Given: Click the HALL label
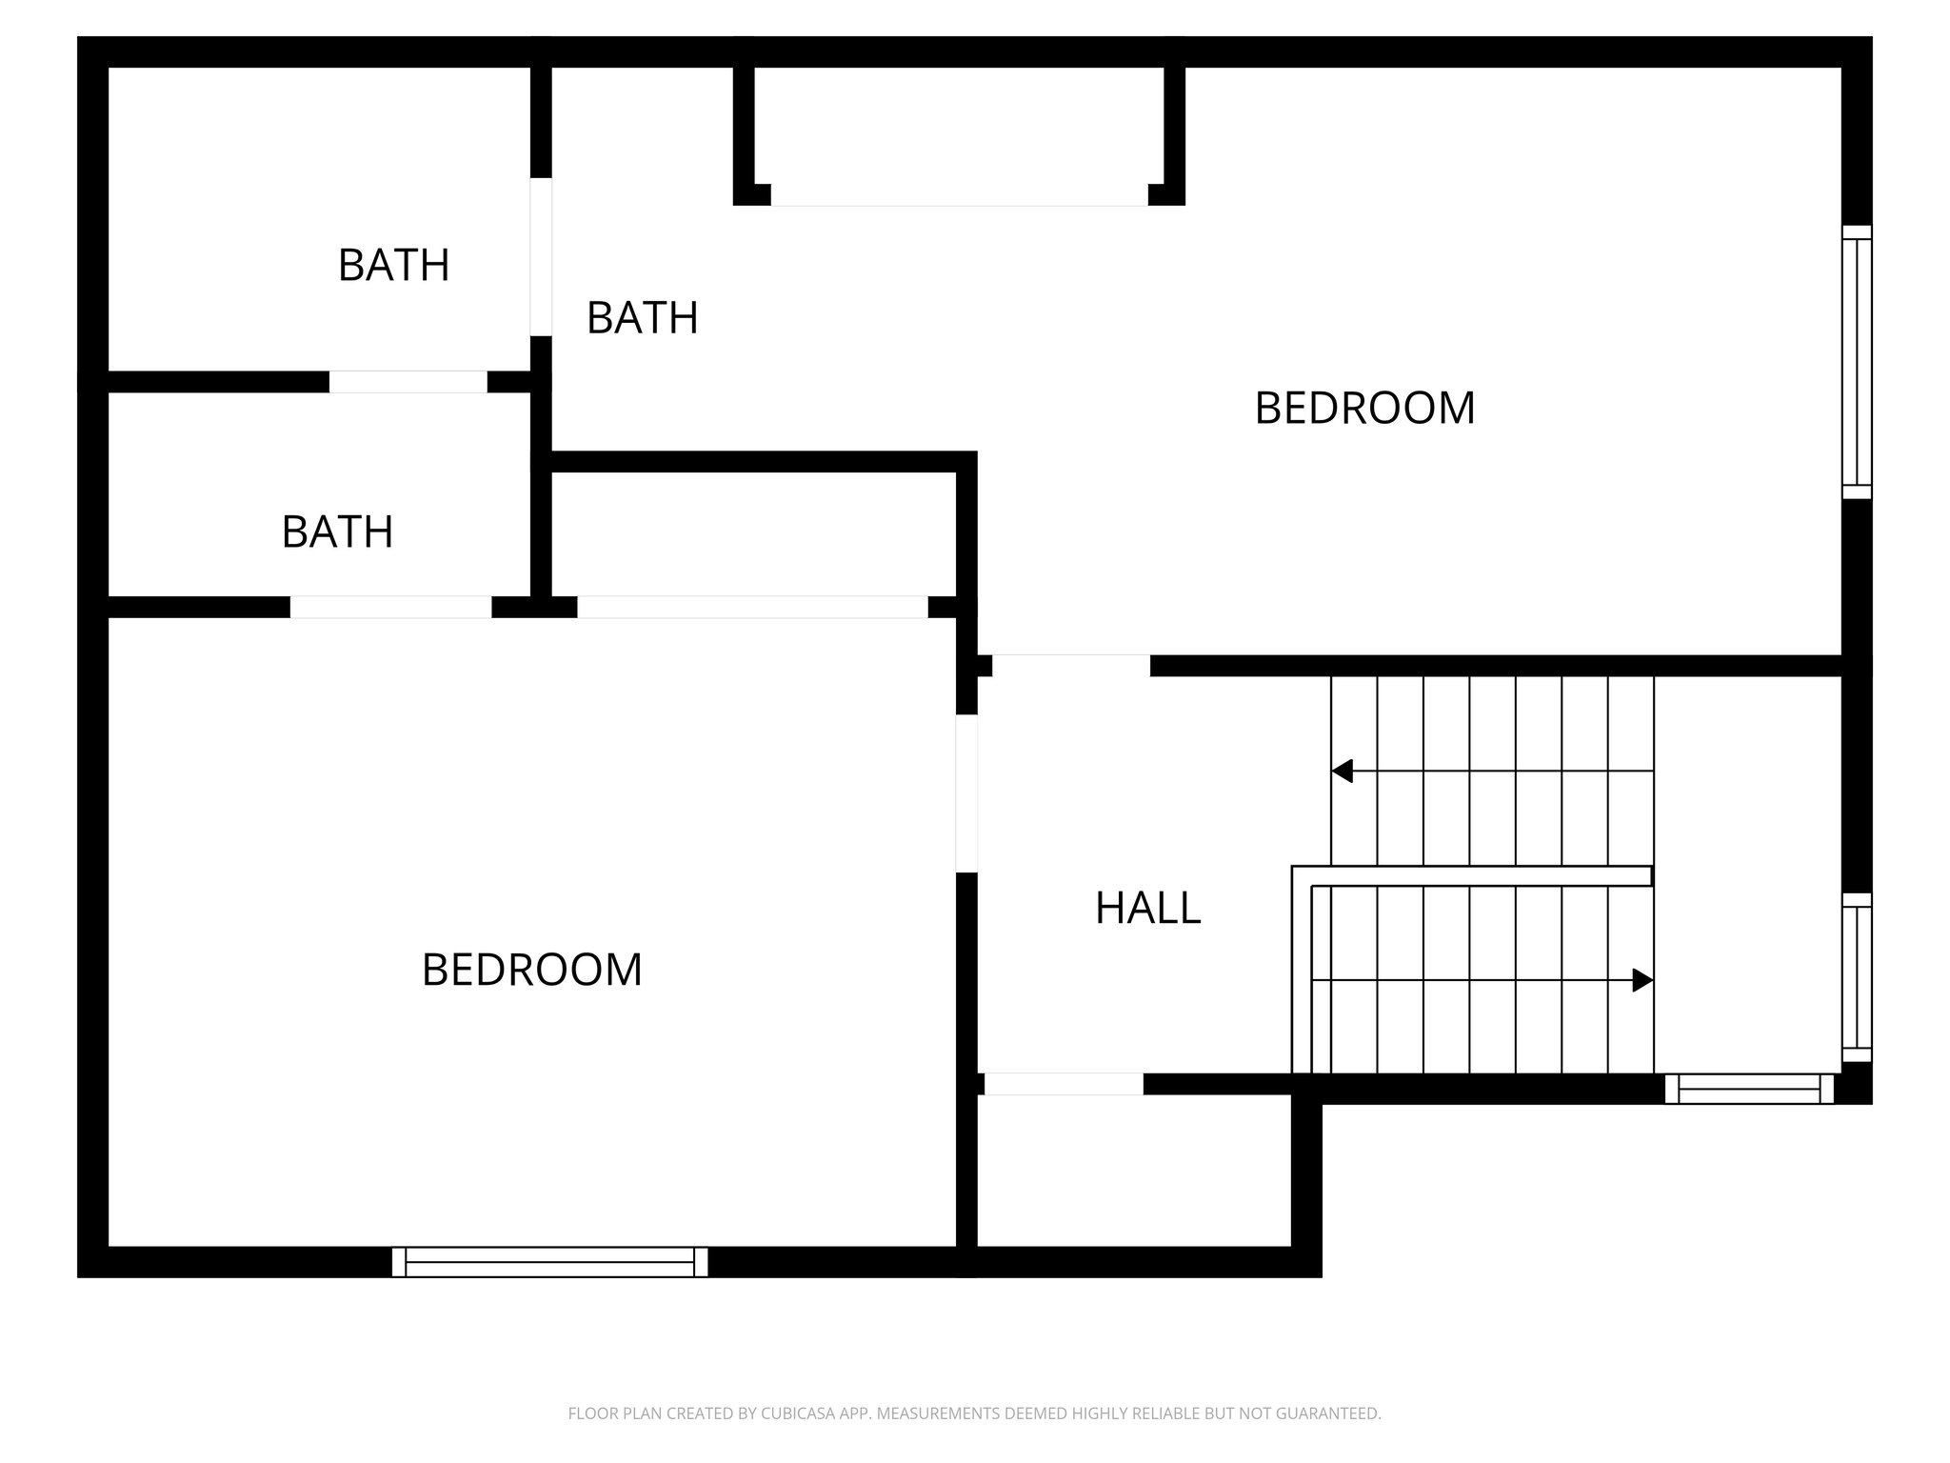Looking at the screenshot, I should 1147,908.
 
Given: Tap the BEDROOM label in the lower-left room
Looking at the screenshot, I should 531,970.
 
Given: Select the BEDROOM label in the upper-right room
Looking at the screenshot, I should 1363,408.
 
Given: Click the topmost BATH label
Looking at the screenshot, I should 393,265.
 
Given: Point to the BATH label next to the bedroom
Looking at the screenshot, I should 642,317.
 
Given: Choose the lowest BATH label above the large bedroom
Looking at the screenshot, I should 337,531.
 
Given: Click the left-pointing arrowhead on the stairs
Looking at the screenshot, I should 1343,771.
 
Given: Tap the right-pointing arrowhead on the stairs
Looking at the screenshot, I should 1642,979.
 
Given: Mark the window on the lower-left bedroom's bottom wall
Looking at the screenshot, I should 549,1261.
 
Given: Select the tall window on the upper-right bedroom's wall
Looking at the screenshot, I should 1856,362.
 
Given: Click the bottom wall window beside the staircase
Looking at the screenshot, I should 1748,1088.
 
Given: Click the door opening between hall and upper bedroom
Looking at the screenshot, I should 1070,665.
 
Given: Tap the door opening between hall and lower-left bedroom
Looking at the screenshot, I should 965,792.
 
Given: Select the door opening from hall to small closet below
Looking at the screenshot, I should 1063,1083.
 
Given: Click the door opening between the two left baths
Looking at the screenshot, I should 408,381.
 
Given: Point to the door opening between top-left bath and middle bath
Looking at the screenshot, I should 540,256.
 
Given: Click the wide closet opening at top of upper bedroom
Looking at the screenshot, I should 958,195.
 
